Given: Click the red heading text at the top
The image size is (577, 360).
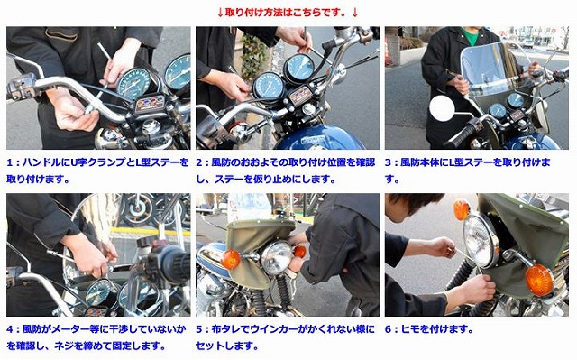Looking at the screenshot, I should pyautogui.click(x=288, y=12).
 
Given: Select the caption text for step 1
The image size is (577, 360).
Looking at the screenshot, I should pyautogui.click(x=97, y=170).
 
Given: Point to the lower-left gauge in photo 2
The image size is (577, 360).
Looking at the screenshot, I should pyautogui.click(x=269, y=87).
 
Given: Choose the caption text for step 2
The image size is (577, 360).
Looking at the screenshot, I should pyautogui.click(x=288, y=170).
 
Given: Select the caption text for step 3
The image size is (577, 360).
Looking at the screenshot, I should pyautogui.click(x=478, y=170).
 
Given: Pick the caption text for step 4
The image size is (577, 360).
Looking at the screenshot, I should pyautogui.click(x=97, y=337).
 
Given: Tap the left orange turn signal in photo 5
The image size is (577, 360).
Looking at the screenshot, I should pyautogui.click(x=231, y=260).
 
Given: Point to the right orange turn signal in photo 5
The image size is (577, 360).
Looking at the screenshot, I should pyautogui.click(x=299, y=251).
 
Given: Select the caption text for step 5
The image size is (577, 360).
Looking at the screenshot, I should pyautogui.click(x=288, y=337).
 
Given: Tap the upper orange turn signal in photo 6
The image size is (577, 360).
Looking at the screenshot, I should pyautogui.click(x=462, y=209).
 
